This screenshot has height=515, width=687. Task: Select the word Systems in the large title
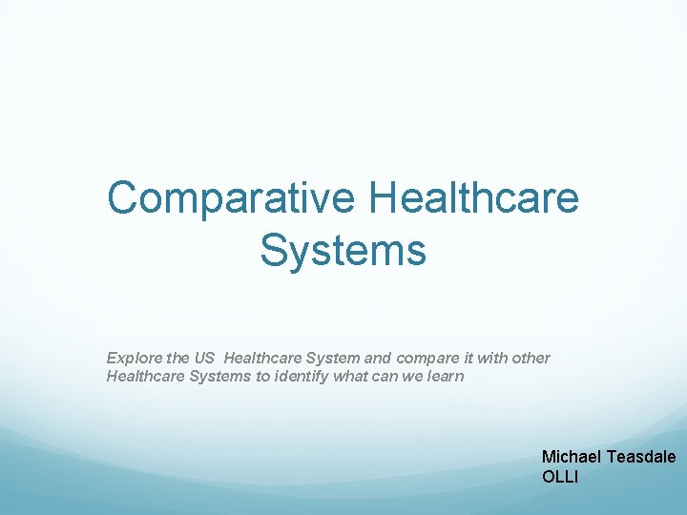pyautogui.click(x=343, y=251)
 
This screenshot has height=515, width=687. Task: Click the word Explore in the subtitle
pyautogui.click(x=133, y=359)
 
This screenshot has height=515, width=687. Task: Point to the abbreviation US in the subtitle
pyautogui.click(x=204, y=359)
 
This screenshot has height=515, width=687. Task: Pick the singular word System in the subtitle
pyautogui.click(x=334, y=359)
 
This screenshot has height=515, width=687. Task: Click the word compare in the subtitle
pyautogui.click(x=424, y=359)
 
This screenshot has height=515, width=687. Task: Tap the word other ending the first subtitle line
pyautogui.click(x=531, y=359)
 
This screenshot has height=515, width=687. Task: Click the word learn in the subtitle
pyautogui.click(x=446, y=377)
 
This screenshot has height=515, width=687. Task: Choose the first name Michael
pyautogui.click(x=572, y=458)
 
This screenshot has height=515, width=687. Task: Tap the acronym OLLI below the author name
pyautogui.click(x=560, y=476)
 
